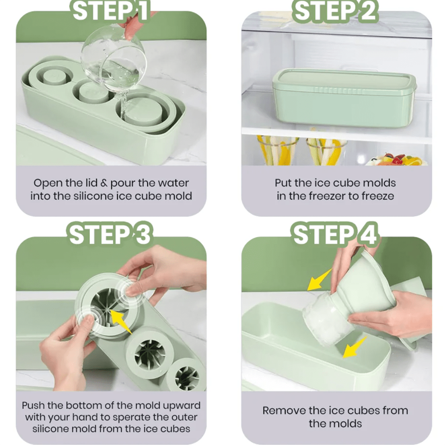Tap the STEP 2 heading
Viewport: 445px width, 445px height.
click(335, 11)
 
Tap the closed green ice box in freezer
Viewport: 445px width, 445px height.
click(345, 98)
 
